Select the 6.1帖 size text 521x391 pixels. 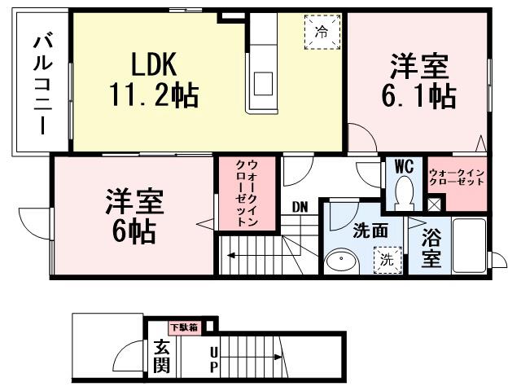(419, 96)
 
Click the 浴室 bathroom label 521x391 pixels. (432, 248)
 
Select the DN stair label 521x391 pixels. (300, 206)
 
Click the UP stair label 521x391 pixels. (213, 358)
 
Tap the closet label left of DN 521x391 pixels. (247, 194)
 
